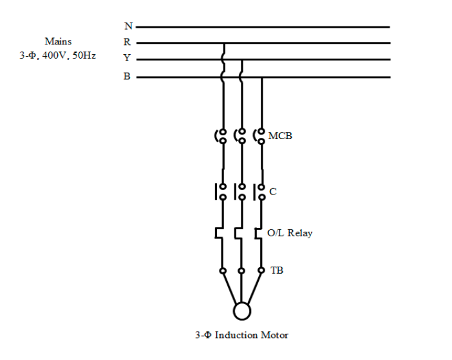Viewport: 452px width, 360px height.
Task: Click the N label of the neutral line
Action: pos(129,26)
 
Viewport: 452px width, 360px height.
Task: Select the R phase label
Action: pos(127,42)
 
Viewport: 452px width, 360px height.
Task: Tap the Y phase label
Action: pos(127,58)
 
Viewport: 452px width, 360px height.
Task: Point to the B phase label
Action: pos(127,76)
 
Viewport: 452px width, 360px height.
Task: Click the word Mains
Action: pos(58,41)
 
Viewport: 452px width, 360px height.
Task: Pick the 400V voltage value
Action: pos(54,55)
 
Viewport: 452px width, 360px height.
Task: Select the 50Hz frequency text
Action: pos(84,55)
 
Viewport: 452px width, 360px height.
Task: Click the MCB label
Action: pos(280,135)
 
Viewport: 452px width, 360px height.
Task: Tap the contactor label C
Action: pos(273,191)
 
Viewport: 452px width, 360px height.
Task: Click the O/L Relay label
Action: pos(290,233)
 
